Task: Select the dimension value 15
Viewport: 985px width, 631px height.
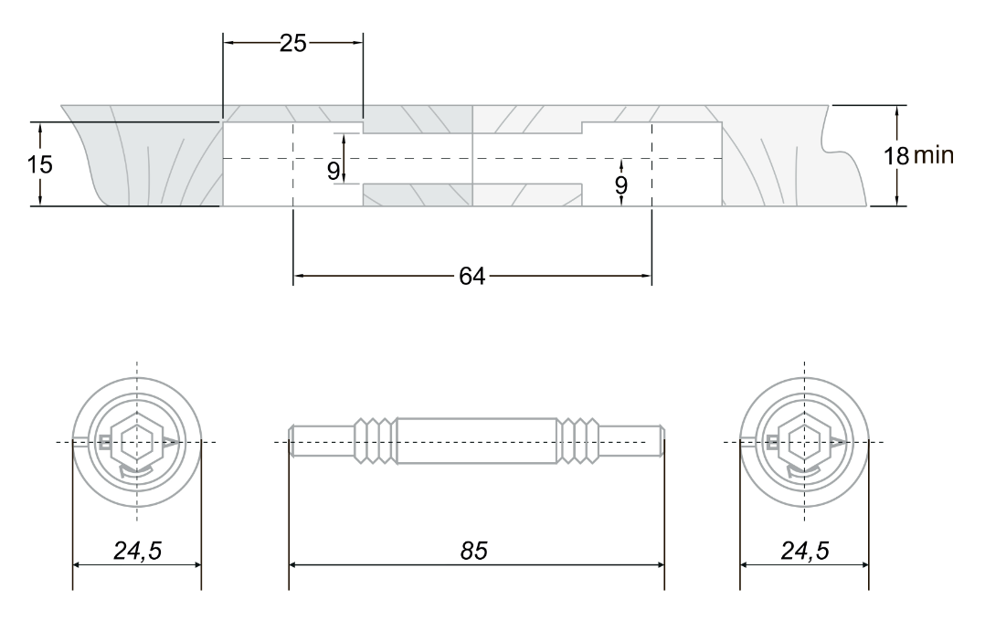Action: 40,165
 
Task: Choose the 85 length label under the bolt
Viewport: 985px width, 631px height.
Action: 472,551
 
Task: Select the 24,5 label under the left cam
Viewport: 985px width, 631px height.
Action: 137,551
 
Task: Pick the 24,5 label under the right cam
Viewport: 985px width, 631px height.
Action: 804,551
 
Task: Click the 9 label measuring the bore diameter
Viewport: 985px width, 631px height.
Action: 334,169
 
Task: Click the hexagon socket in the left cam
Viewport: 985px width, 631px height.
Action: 136,443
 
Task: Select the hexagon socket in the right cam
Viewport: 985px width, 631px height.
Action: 804,443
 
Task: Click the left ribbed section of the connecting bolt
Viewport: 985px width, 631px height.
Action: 375,442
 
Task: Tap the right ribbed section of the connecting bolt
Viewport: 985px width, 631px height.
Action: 579,442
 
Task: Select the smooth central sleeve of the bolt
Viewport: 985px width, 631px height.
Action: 477,442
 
